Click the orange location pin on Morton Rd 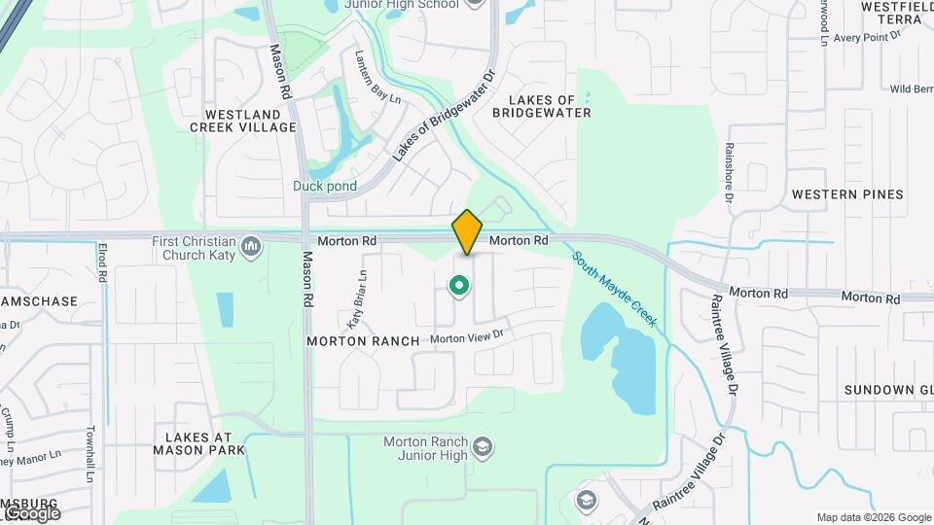click(467, 232)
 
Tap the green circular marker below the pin click(459, 286)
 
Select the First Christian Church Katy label click(195, 247)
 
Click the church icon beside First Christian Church click(252, 246)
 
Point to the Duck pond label click(325, 186)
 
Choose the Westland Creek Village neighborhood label click(243, 121)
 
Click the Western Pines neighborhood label click(847, 194)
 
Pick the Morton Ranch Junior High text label click(426, 447)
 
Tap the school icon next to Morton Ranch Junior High click(483, 447)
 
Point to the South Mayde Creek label click(615, 289)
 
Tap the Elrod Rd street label click(101, 262)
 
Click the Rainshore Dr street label click(728, 173)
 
